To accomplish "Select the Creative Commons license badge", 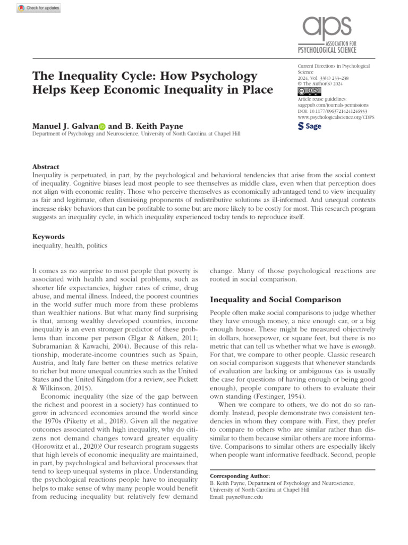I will click(x=308, y=90).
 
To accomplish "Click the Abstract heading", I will click(x=46, y=167).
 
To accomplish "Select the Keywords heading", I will click(x=48, y=237).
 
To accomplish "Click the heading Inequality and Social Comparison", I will click(x=275, y=300).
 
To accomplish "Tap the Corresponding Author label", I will click(x=240, y=475).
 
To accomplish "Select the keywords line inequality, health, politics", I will click(x=70, y=245).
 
